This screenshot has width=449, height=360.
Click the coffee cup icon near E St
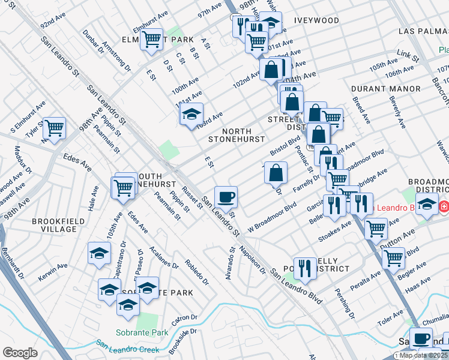click(x=226, y=196)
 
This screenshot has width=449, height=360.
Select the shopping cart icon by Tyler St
click(x=54, y=127)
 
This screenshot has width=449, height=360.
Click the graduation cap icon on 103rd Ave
click(x=192, y=113)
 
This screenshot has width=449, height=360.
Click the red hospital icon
click(x=444, y=207)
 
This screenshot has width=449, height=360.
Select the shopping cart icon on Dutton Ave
click(x=376, y=227)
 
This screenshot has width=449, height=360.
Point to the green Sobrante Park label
click(x=142, y=332)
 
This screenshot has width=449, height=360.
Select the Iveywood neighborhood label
click(x=316, y=20)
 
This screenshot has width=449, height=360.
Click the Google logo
click(x=20, y=353)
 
